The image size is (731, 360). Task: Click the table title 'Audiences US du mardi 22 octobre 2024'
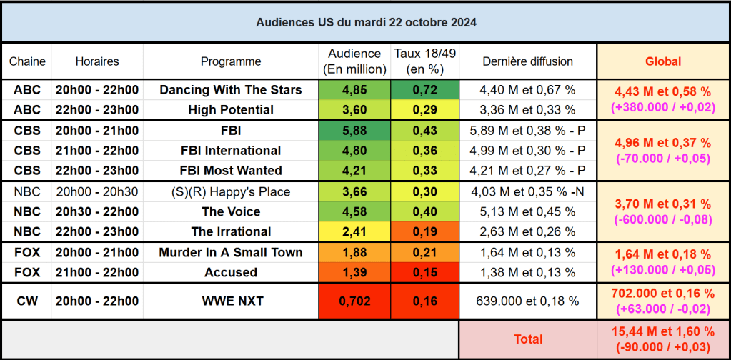(366, 22)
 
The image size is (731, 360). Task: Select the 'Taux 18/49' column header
(424, 61)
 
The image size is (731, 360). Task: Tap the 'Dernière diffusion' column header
(527, 61)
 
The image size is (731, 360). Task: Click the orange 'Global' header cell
(662, 61)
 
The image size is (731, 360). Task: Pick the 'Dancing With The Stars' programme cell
(230, 90)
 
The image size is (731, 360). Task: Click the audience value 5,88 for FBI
(354, 131)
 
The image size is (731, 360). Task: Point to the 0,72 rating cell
(424, 90)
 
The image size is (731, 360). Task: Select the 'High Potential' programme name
(230, 110)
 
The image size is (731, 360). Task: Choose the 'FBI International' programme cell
(230, 151)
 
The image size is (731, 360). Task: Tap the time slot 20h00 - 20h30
(97, 191)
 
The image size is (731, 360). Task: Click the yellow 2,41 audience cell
(354, 231)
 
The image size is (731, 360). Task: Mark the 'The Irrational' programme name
(230, 231)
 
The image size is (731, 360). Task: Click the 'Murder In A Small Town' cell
(230, 252)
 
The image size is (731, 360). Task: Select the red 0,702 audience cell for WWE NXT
(354, 301)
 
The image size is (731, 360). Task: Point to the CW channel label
(27, 301)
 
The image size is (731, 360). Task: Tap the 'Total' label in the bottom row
(528, 339)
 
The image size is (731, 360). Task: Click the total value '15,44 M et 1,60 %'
(662, 331)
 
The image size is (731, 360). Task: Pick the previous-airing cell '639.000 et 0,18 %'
(527, 301)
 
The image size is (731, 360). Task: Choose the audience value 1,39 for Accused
(354, 272)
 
